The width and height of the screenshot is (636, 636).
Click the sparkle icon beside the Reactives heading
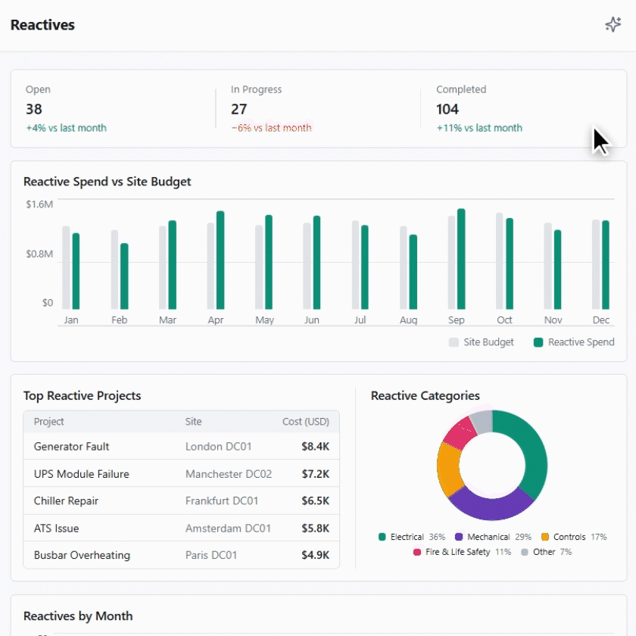(613, 25)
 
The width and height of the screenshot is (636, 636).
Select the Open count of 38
(34, 109)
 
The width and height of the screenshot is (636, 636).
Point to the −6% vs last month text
(271, 128)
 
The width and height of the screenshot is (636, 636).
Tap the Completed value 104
(447, 109)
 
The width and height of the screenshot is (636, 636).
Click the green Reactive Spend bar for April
(220, 260)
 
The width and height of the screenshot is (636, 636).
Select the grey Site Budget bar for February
(114, 270)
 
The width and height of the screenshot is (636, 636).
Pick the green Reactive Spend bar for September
(461, 259)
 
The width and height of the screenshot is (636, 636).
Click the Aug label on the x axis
(408, 320)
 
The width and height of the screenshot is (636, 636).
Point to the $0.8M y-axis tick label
(39, 254)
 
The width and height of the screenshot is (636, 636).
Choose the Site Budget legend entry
(482, 342)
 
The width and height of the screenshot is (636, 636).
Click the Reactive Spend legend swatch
(538, 342)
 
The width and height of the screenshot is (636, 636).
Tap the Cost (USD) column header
(305, 422)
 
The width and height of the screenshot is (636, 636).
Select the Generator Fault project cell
(72, 447)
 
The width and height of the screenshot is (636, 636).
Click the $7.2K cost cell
(315, 474)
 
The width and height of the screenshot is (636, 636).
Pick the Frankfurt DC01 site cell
(222, 501)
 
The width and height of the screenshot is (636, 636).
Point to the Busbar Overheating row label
(82, 555)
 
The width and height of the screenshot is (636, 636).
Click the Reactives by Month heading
(78, 616)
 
